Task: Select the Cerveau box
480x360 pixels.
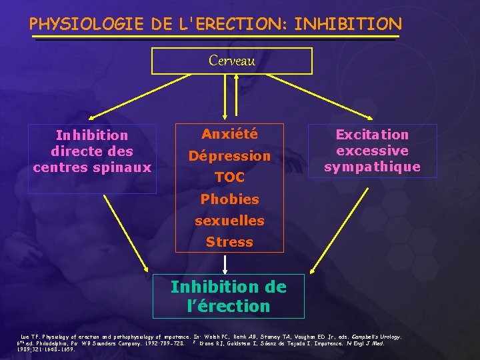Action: point(231,61)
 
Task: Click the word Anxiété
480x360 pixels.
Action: point(229,135)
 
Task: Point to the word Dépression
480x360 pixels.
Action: point(229,156)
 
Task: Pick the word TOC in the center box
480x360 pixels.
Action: point(229,177)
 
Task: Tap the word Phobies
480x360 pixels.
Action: point(229,199)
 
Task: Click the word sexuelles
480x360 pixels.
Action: point(229,220)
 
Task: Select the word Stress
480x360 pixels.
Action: point(229,241)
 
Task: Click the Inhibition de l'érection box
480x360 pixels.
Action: point(228,297)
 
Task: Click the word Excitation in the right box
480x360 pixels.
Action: point(372,135)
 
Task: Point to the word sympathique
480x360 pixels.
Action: point(372,167)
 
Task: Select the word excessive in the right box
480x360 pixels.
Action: point(372,151)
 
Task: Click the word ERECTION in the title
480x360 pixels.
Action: point(237,25)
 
